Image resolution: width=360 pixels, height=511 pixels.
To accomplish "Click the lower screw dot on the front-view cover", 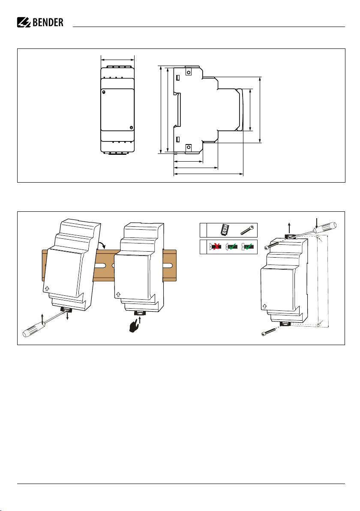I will pyautogui.click(x=131, y=127).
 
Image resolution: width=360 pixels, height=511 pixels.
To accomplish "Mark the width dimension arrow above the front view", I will pyautogui.click(x=117, y=60).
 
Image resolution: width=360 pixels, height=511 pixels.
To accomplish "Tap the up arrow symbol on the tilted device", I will pyautogui.click(x=47, y=289).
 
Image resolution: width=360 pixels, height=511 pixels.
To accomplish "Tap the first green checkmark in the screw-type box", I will pyautogui.click(x=233, y=246).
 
